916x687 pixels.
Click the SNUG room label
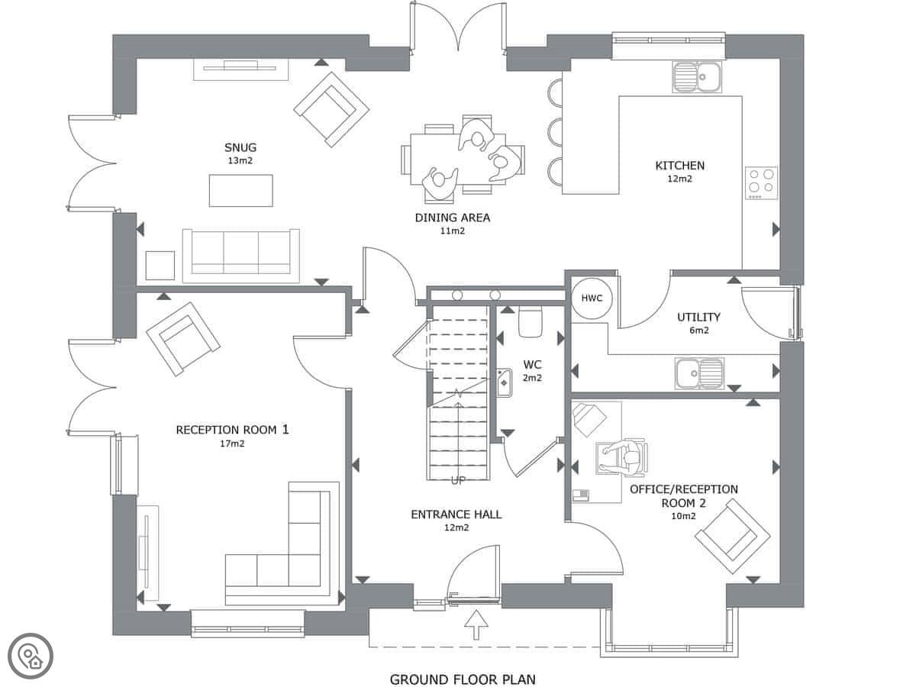click(x=240, y=147)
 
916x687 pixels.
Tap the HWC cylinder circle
click(x=592, y=298)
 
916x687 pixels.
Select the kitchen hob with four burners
click(x=761, y=183)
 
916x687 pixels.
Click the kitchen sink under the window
click(x=696, y=77)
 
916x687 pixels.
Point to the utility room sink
click(x=700, y=373)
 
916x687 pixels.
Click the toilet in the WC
click(x=531, y=321)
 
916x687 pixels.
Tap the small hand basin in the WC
click(x=504, y=382)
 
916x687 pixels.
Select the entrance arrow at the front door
click(x=476, y=624)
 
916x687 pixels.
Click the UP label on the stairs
click(x=458, y=481)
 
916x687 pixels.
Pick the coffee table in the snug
click(x=240, y=191)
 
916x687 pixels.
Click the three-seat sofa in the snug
click(x=240, y=255)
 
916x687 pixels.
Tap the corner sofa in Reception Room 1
click(x=282, y=543)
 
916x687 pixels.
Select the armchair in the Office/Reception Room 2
click(x=732, y=536)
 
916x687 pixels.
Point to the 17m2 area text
click(x=232, y=443)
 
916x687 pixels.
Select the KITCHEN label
click(x=680, y=166)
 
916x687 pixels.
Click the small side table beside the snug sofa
click(x=160, y=266)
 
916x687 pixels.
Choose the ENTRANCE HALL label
click(x=456, y=514)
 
